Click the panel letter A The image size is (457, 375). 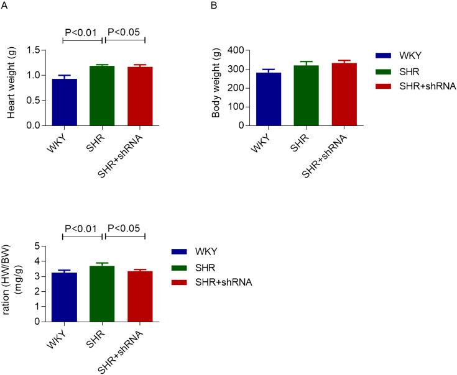point(5,7)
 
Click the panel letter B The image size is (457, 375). point(215,7)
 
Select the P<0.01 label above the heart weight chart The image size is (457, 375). point(82,32)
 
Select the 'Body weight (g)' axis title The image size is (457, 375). point(218,87)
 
